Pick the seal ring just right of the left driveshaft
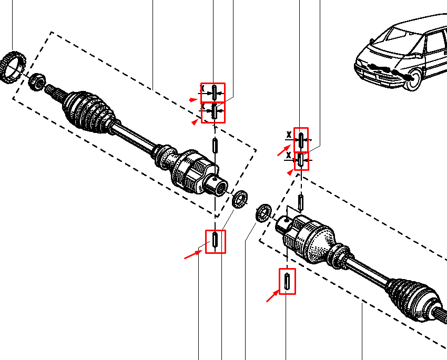point(240,200)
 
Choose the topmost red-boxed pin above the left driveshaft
point(215,92)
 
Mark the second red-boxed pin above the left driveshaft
point(215,112)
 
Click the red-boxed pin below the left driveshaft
point(215,241)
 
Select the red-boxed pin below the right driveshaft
point(287,281)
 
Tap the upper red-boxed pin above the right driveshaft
point(301,140)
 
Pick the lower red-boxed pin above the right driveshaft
point(301,160)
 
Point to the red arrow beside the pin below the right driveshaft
point(272,297)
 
